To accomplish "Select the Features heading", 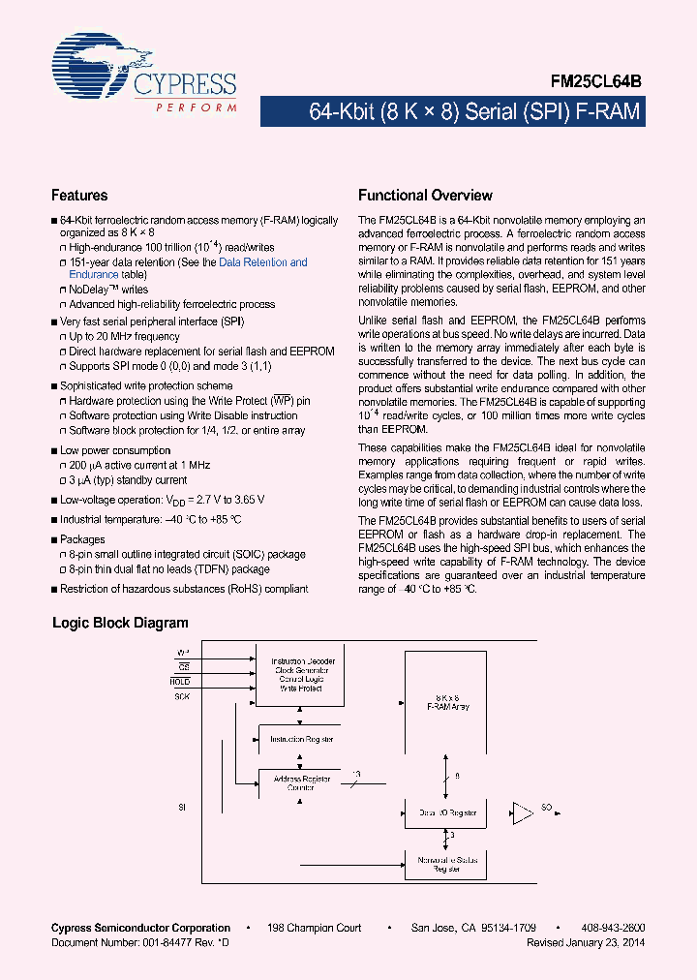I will coord(79,196).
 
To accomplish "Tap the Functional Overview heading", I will coord(425,196).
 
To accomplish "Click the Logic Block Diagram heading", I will coord(120,624).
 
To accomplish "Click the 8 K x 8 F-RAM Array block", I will coord(447,702).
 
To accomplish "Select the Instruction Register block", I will coord(302,739).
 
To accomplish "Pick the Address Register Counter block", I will coord(302,782).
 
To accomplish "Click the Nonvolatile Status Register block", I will coord(446,864).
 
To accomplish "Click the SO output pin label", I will coord(548,807).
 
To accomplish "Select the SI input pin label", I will coord(181,806).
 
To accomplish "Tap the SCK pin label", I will coord(182,696).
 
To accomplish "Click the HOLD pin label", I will coord(182,682).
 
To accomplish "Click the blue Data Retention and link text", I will coord(262,262).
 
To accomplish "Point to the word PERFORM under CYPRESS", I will coord(197,107).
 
